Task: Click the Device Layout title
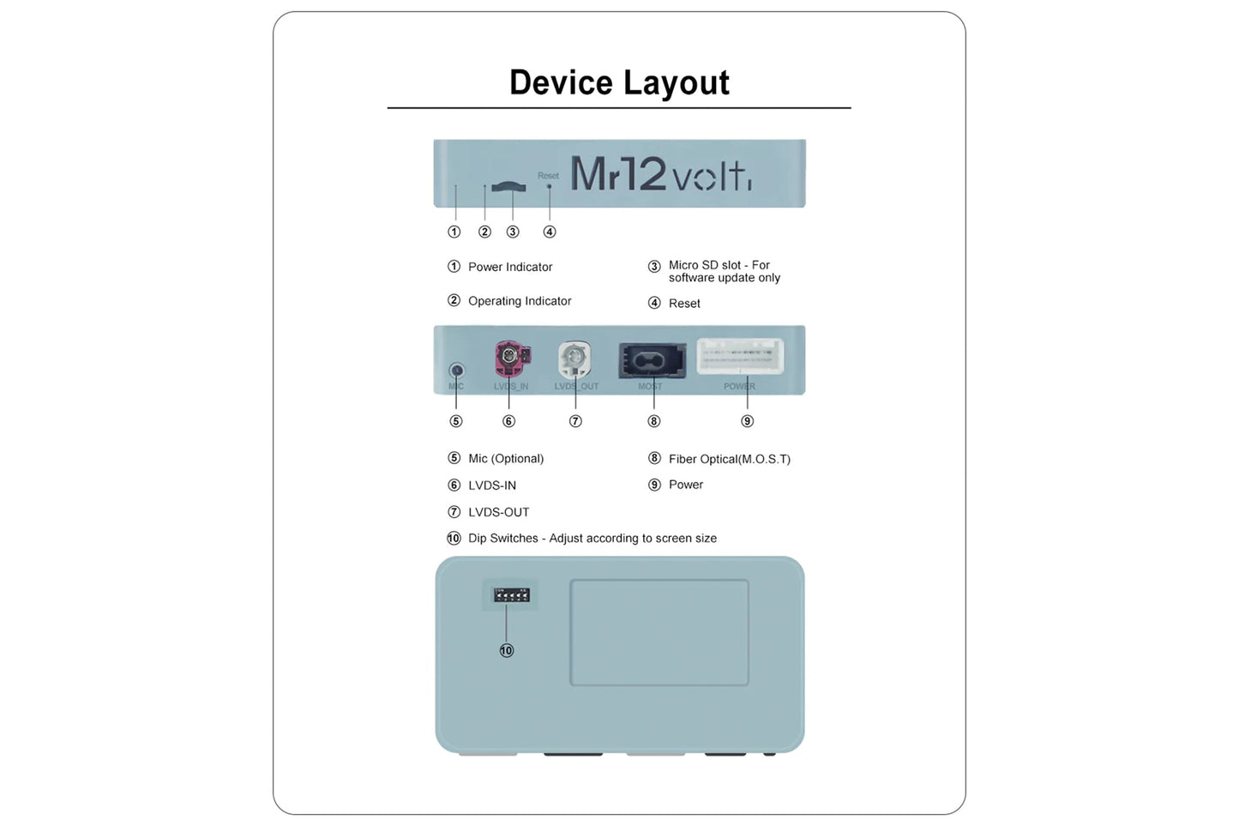click(619, 83)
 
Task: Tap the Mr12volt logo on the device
click(660, 174)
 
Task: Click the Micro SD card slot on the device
click(509, 186)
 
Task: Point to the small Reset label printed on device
click(548, 176)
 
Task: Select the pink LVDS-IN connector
click(510, 358)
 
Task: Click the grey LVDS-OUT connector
click(574, 359)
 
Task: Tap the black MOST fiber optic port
click(653, 360)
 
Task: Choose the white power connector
click(740, 356)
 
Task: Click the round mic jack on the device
click(456, 371)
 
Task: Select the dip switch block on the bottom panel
click(511, 594)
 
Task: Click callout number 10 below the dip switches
click(507, 651)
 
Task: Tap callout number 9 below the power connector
click(747, 421)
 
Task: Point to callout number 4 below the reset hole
click(550, 232)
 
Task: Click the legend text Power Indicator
click(510, 267)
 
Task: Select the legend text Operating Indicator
click(520, 301)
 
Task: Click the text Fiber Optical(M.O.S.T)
click(729, 459)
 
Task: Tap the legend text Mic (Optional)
click(506, 459)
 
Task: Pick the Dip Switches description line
click(592, 539)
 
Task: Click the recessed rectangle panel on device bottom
click(659, 632)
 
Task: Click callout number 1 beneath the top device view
click(454, 232)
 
